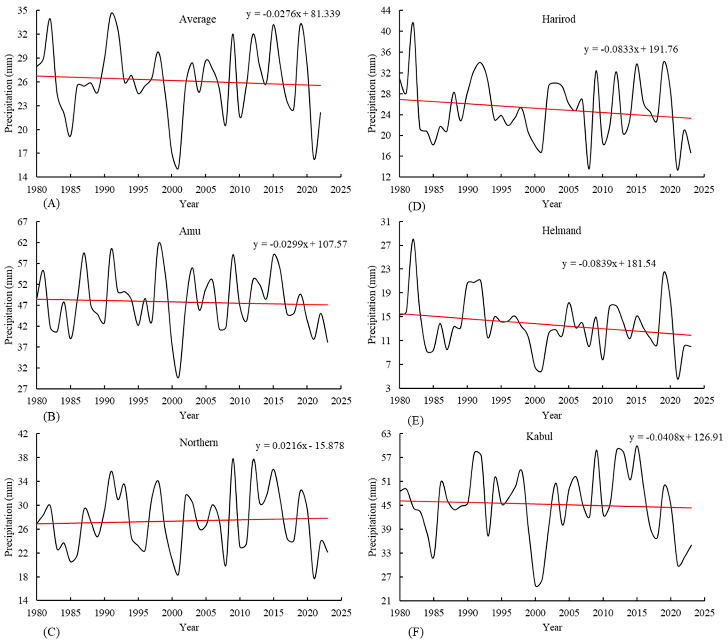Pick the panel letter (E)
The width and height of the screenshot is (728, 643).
[x=415, y=421]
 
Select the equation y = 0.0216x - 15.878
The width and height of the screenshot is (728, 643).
[x=300, y=446]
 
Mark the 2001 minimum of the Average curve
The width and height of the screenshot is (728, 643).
[x=177, y=169]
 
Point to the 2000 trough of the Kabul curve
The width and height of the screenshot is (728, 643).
[x=536, y=586]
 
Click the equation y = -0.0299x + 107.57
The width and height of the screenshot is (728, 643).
[x=300, y=244]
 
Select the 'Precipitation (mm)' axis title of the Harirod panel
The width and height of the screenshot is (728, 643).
[x=372, y=93]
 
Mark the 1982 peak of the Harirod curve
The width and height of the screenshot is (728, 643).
[x=413, y=22]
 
